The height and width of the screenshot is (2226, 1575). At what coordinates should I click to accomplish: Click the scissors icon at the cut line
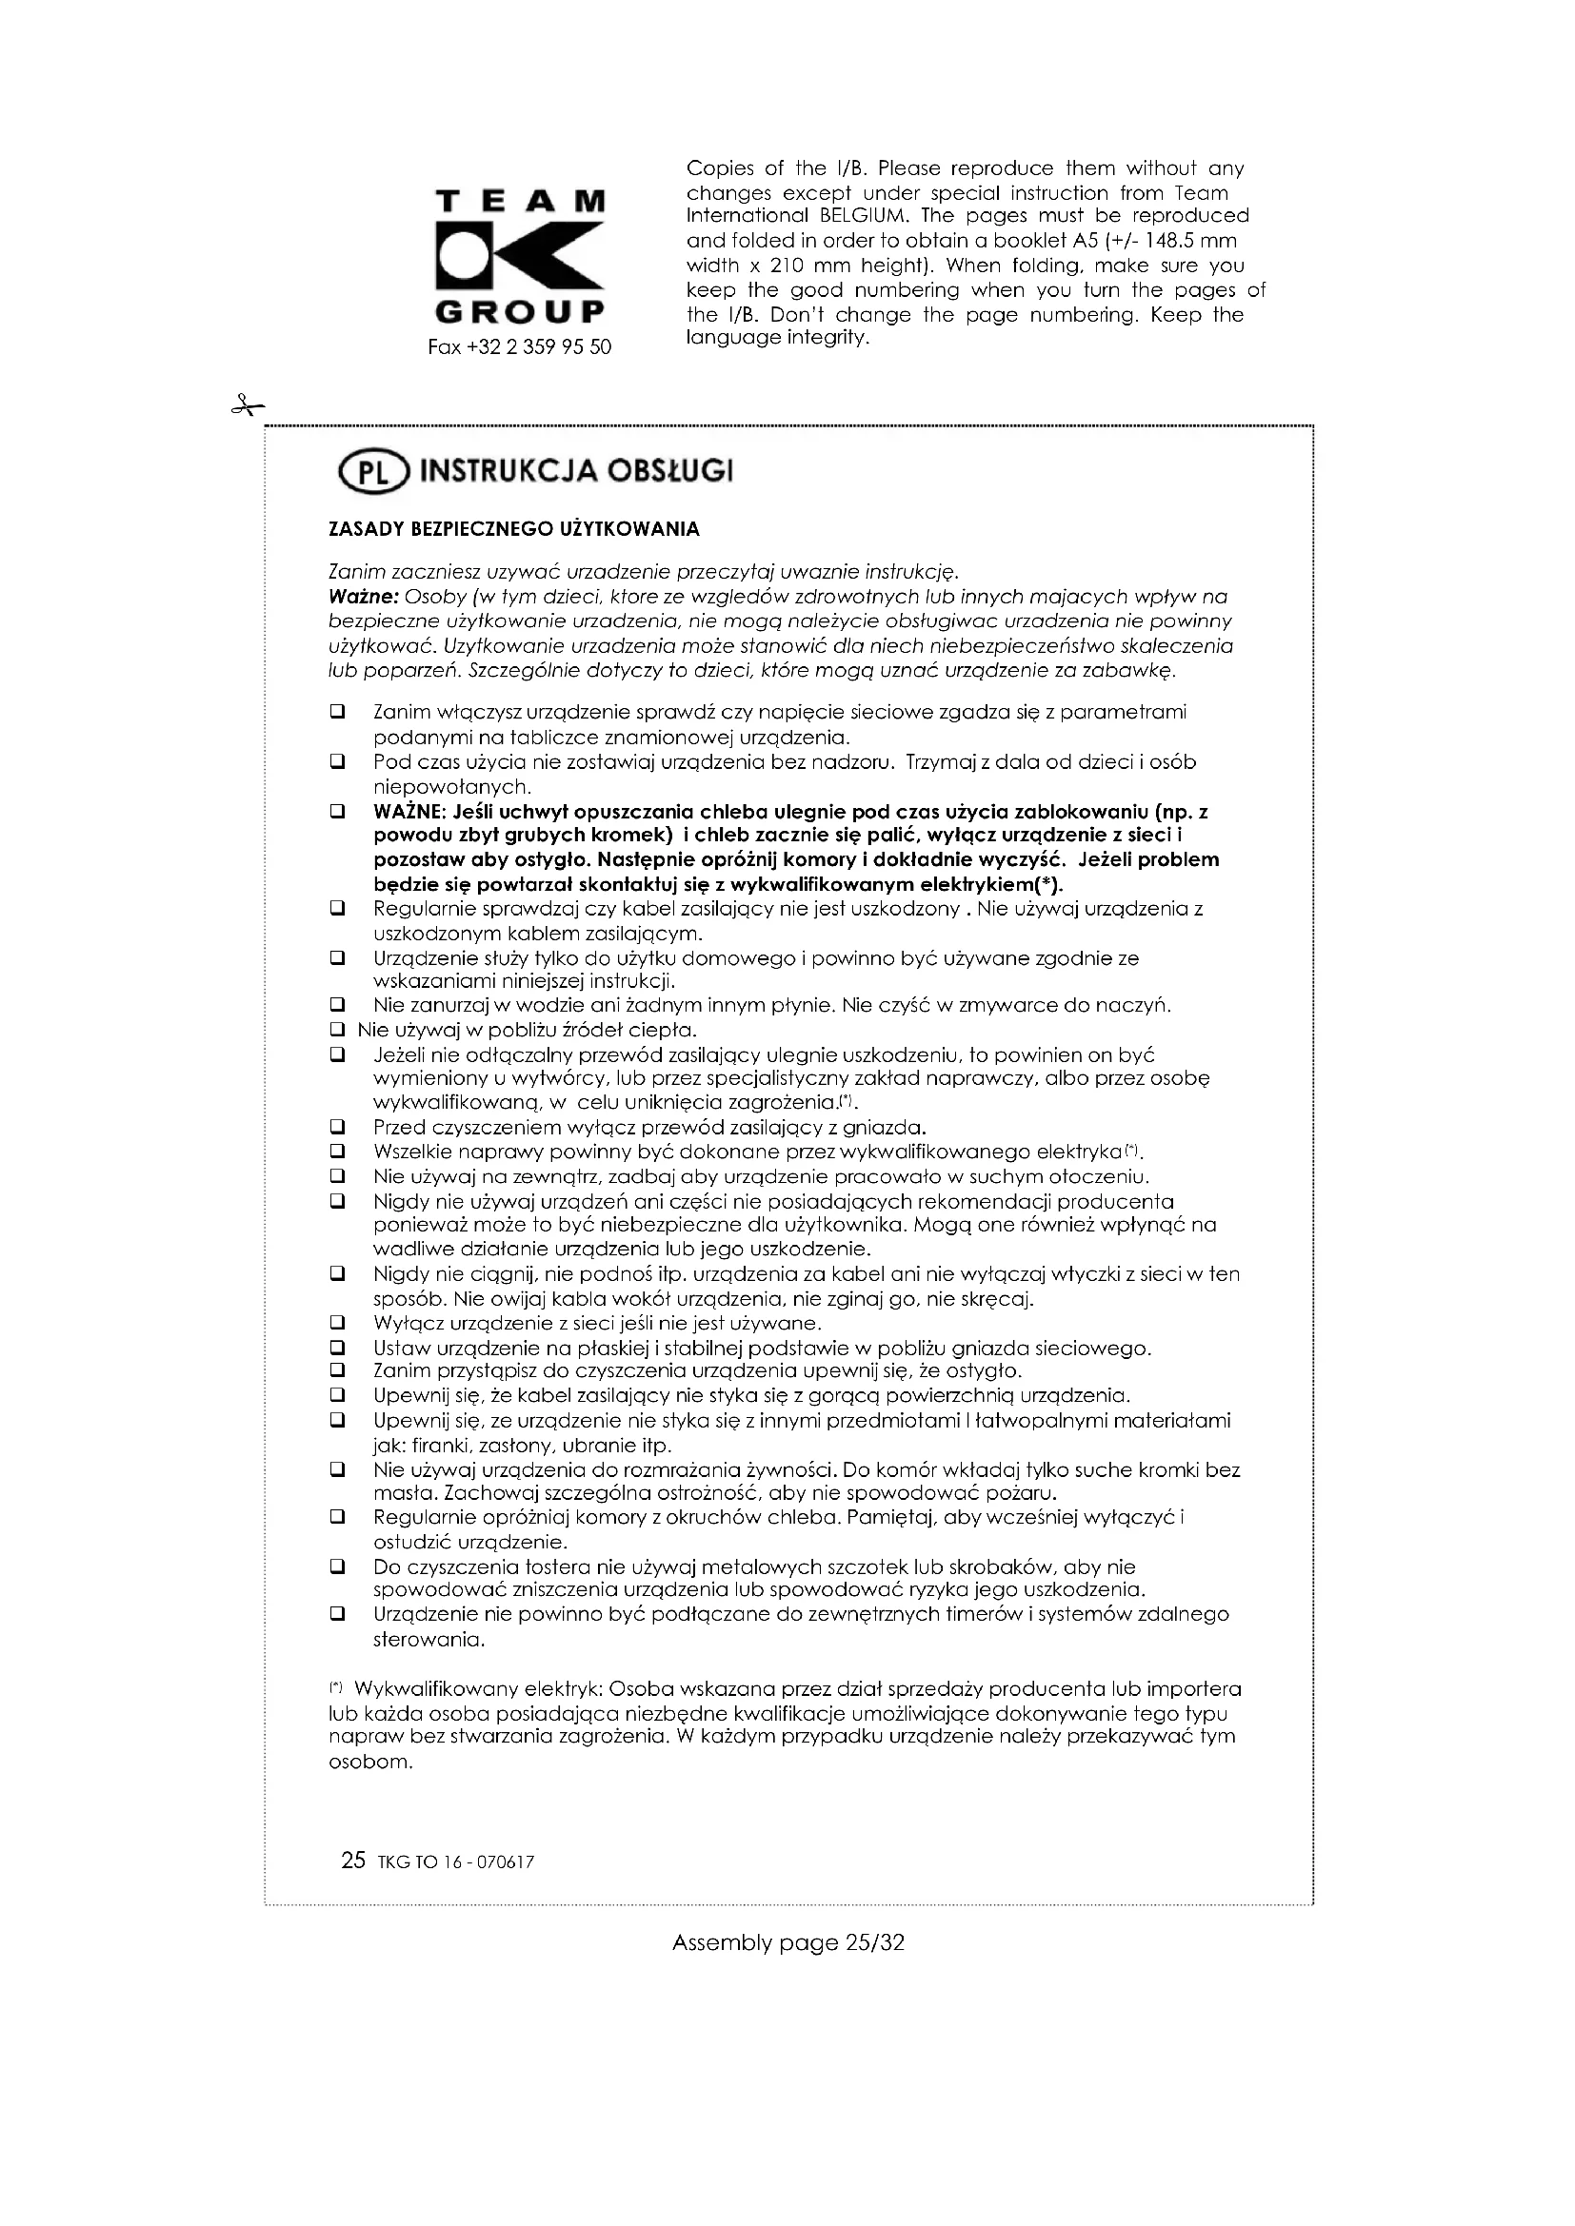(x=247, y=406)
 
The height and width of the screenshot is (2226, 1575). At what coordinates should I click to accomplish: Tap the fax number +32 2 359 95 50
(x=520, y=347)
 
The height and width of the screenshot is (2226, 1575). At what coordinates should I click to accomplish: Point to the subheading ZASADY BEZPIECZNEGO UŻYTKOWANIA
(x=514, y=529)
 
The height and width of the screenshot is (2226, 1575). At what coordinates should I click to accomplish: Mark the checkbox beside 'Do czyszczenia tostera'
(x=337, y=1566)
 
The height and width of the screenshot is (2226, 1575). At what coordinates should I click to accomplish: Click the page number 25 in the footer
(x=353, y=1861)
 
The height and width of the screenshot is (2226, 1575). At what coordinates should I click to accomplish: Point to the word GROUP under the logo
(x=520, y=313)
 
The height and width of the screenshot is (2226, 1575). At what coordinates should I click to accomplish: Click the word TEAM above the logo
(x=520, y=202)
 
